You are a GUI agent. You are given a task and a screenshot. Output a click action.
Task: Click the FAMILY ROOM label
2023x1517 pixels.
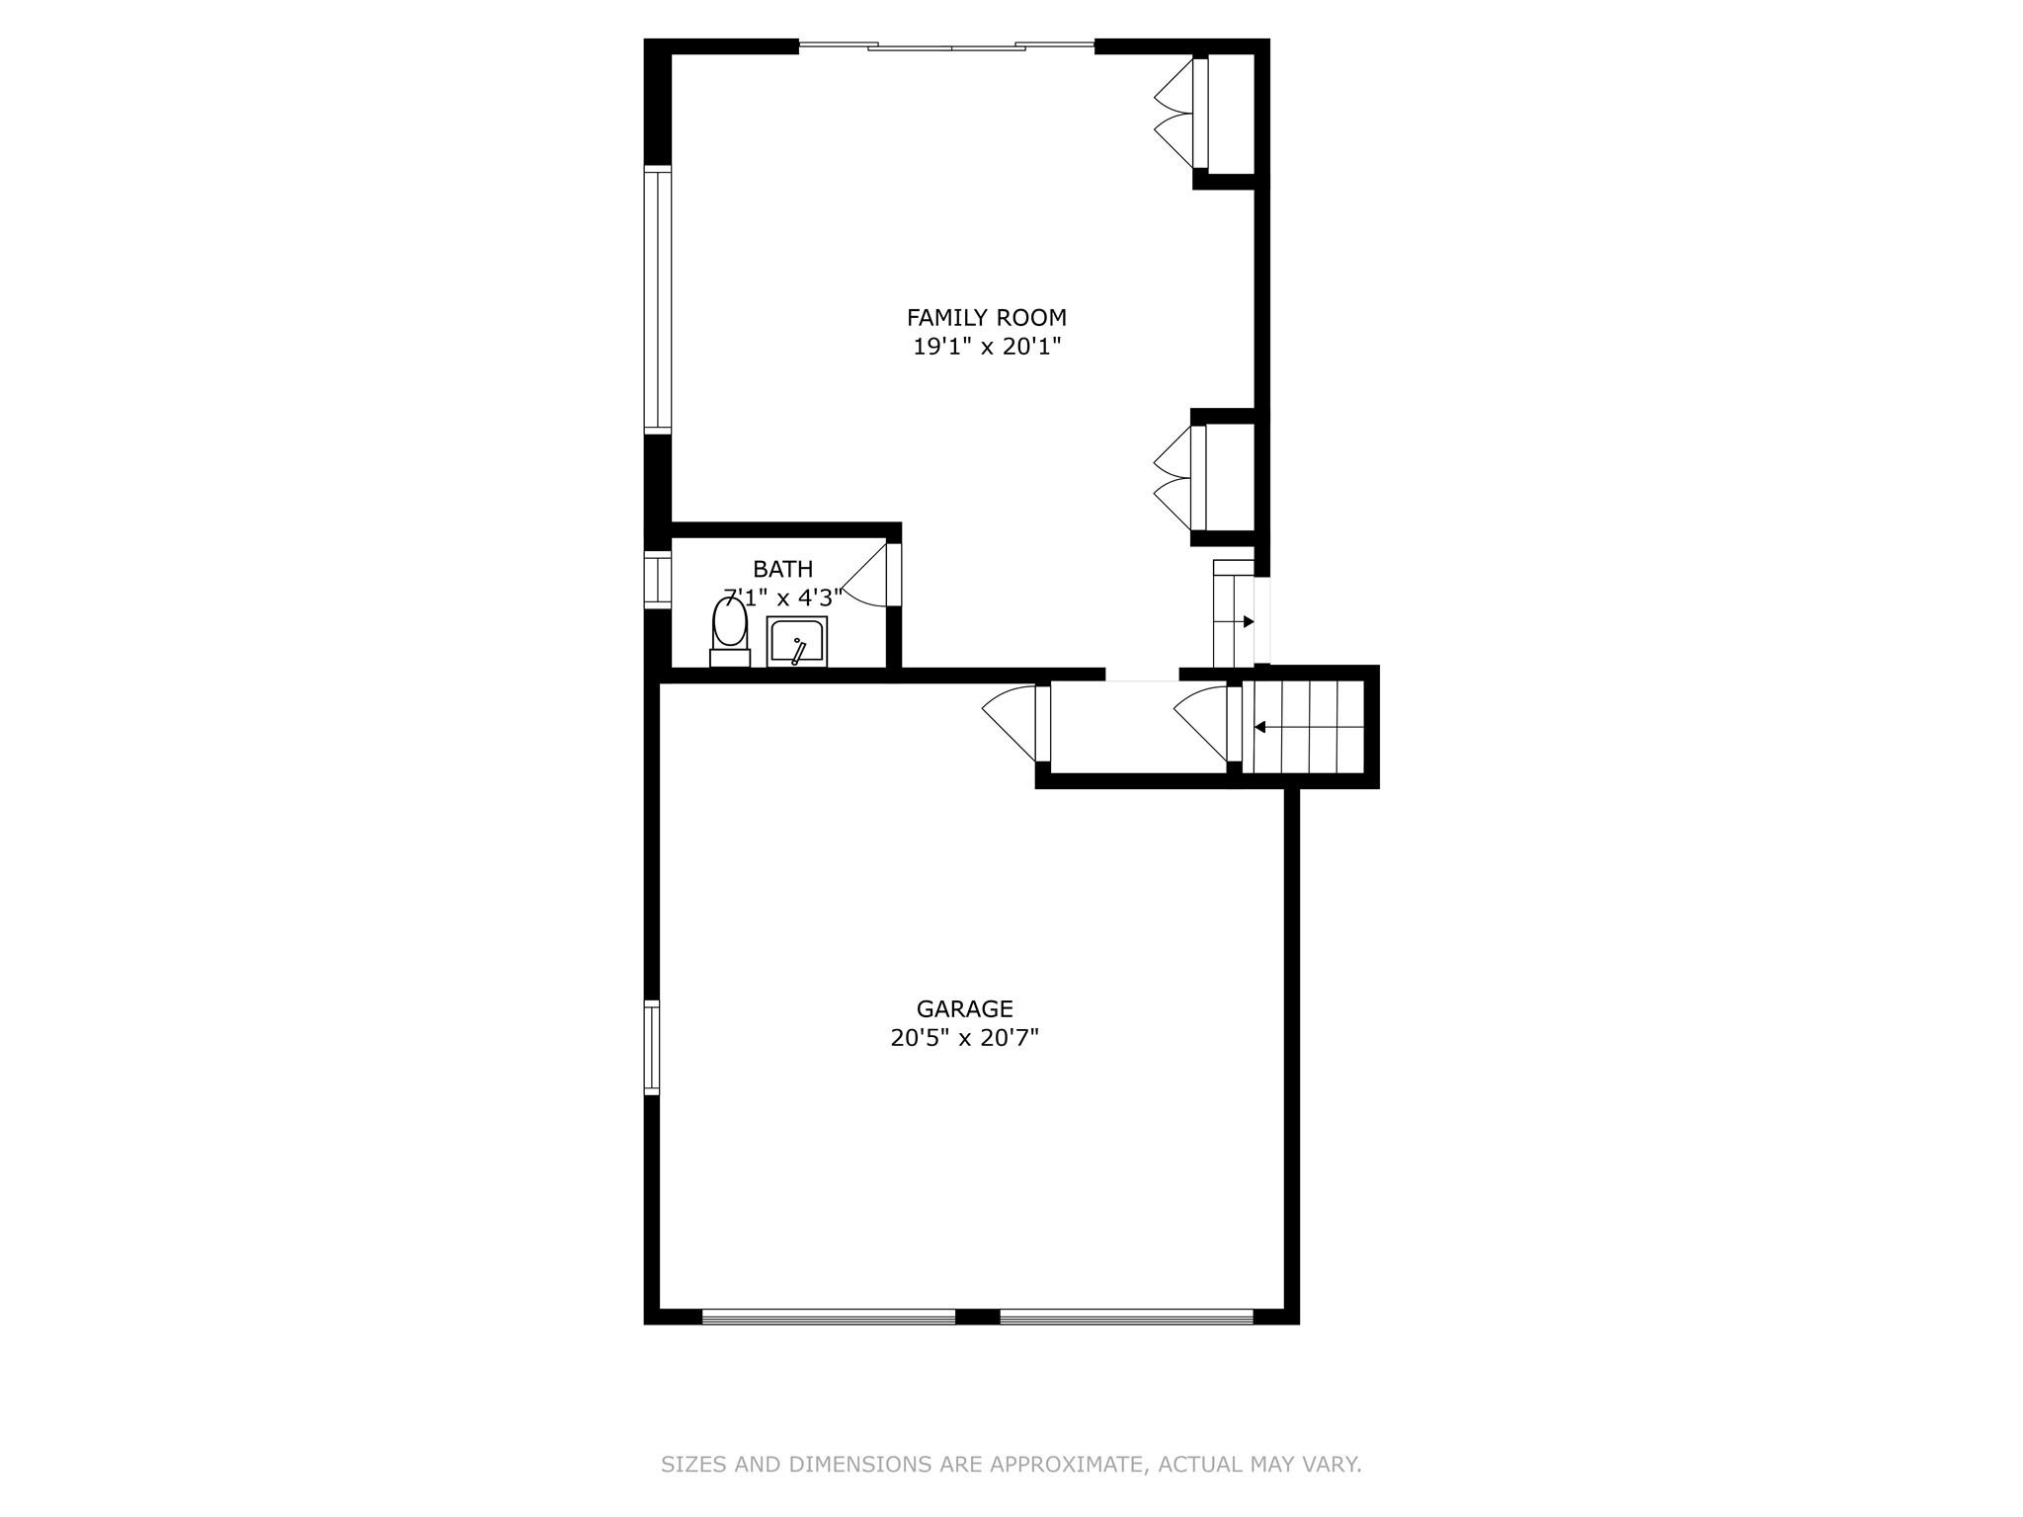pyautogui.click(x=986, y=318)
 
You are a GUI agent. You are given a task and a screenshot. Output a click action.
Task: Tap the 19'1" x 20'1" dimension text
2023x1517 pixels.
pyautogui.click(x=986, y=347)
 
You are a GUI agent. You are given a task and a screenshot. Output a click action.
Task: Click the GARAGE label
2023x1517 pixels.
pyautogui.click(x=964, y=1008)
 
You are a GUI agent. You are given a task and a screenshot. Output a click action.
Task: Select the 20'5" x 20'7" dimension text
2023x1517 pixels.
pyautogui.click(x=964, y=1038)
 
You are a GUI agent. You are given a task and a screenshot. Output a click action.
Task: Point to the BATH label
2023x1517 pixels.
pyautogui.click(x=782, y=569)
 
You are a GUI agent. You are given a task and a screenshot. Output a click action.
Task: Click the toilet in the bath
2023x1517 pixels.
pyautogui.click(x=729, y=631)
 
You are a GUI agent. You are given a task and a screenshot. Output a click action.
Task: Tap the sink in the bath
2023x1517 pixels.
pyautogui.click(x=796, y=642)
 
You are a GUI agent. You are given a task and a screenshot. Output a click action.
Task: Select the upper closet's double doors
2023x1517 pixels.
pyautogui.click(x=1175, y=114)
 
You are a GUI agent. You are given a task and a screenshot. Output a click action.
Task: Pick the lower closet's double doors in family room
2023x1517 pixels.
pyautogui.click(x=1175, y=479)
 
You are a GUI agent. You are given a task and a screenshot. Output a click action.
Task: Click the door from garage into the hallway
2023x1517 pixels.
pyautogui.click(x=1012, y=721)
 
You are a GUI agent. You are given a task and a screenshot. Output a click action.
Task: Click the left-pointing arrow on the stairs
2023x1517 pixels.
pyautogui.click(x=1261, y=727)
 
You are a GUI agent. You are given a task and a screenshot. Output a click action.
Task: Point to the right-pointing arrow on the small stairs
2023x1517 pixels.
pyautogui.click(x=1248, y=621)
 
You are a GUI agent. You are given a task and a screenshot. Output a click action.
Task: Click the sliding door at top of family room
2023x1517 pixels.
pyautogui.click(x=945, y=45)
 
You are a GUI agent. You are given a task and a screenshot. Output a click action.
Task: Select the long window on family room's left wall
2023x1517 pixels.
pyautogui.click(x=657, y=299)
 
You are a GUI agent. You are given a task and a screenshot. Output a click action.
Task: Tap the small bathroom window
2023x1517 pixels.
pyautogui.click(x=657, y=578)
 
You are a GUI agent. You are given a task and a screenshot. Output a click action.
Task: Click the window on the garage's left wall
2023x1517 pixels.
pyautogui.click(x=651, y=1047)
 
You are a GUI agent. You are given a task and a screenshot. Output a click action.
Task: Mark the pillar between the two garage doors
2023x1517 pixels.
pyautogui.click(x=977, y=1316)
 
